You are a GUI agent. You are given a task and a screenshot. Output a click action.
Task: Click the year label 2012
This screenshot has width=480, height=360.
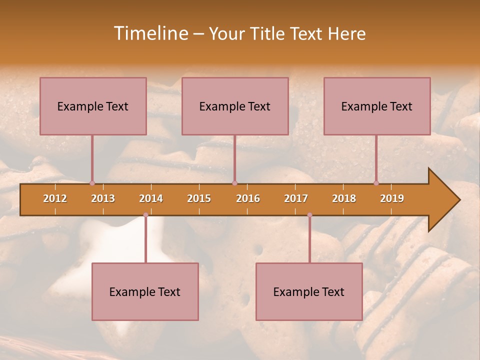click(55, 198)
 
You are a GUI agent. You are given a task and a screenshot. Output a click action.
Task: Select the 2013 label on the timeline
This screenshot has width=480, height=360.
click(103, 198)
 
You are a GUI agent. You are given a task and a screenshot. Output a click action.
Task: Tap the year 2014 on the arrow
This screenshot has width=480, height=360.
click(151, 198)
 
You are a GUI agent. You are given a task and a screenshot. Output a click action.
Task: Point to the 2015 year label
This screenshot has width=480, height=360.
click(199, 198)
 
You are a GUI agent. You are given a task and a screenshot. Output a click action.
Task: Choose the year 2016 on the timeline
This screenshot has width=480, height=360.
click(248, 198)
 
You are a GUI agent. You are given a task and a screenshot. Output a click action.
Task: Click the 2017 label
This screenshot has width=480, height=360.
click(296, 198)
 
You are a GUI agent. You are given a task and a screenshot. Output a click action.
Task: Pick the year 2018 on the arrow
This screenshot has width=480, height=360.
click(344, 198)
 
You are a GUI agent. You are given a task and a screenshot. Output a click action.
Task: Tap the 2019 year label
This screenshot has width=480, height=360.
click(392, 198)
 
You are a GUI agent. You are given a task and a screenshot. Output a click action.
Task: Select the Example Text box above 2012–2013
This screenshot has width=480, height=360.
click(93, 106)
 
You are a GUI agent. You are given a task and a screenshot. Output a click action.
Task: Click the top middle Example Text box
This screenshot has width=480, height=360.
click(235, 106)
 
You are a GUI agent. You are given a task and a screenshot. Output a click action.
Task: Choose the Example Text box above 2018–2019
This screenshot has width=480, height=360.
click(377, 106)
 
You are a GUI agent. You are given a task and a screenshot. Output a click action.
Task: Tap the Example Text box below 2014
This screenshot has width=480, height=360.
click(145, 291)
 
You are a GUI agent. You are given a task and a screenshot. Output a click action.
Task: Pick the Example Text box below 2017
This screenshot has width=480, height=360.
click(309, 291)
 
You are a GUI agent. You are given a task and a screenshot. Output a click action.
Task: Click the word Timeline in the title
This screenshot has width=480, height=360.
click(150, 33)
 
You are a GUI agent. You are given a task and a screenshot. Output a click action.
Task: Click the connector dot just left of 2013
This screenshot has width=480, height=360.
click(92, 183)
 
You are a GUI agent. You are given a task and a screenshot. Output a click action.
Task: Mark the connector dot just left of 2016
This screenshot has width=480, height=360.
click(234, 183)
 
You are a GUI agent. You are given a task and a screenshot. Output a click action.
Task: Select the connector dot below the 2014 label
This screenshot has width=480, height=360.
click(145, 215)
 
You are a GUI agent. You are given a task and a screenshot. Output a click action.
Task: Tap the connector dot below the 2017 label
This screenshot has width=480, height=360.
click(309, 215)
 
